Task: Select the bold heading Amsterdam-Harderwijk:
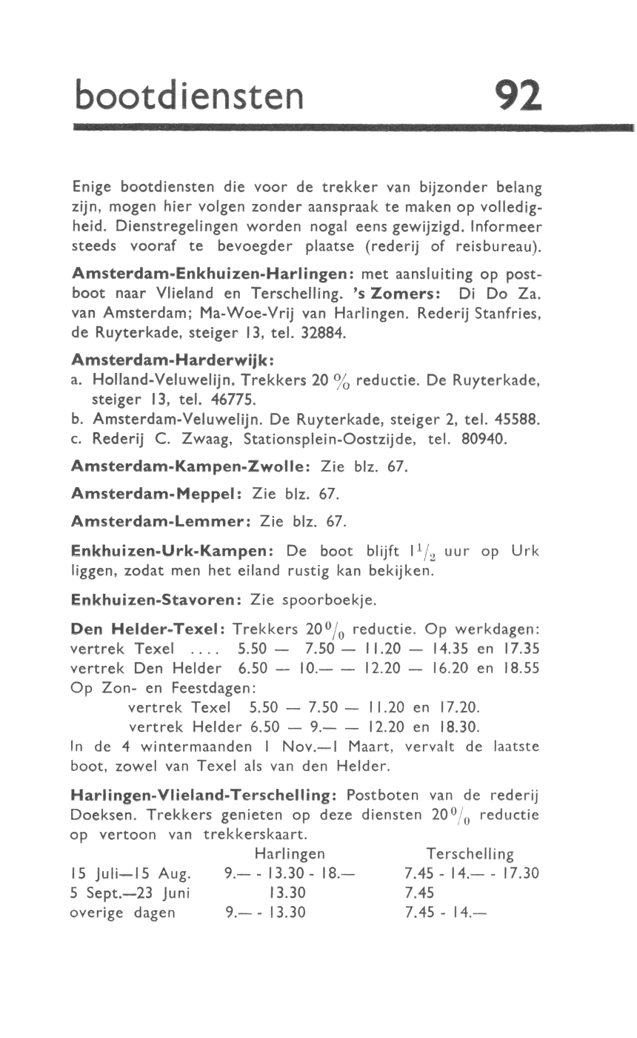173,360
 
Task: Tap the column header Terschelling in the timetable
470,854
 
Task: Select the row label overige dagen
122,912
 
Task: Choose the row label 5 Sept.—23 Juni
129,893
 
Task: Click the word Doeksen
103,814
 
